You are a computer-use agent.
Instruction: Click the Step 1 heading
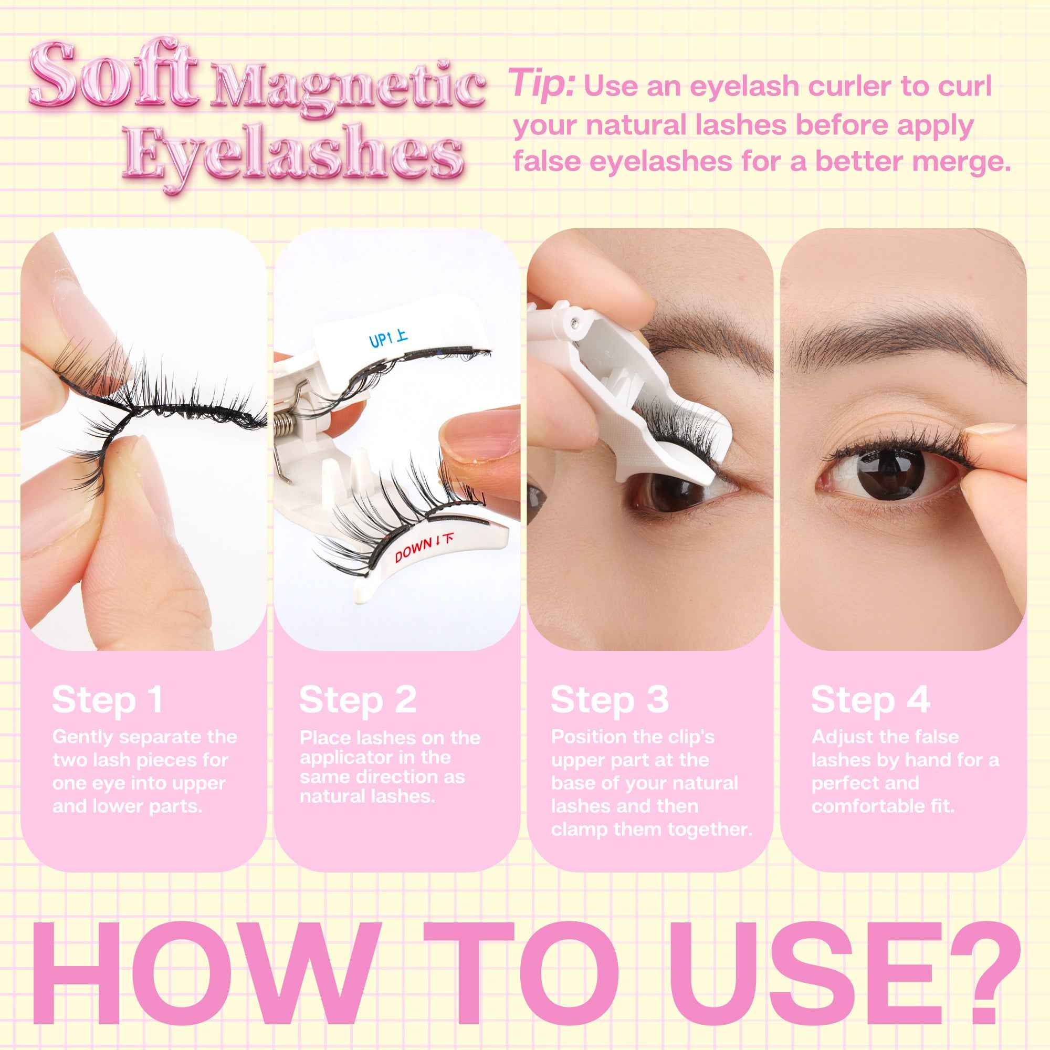108,700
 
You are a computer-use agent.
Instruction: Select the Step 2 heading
358,700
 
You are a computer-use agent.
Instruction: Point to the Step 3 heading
609,700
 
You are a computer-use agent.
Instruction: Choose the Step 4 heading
870,700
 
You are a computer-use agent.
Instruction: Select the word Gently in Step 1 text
83,738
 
